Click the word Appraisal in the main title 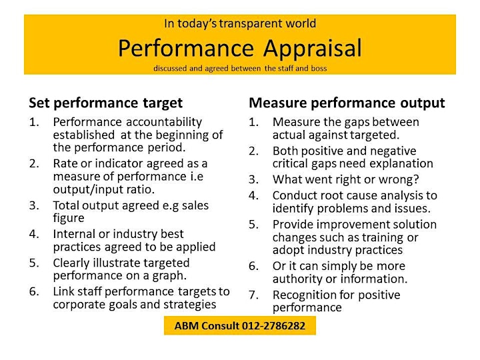pyautogui.click(x=313, y=49)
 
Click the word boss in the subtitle pyautogui.click(x=319, y=68)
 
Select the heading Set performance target pyautogui.click(x=105, y=103)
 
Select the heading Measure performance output pyautogui.click(x=347, y=103)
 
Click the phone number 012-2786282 pyautogui.click(x=273, y=326)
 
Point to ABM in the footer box pyautogui.click(x=187, y=326)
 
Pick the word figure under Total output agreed pyautogui.click(x=69, y=218)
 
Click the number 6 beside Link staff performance pyautogui.click(x=34, y=291)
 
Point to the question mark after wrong pyautogui.click(x=416, y=179)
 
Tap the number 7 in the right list pyautogui.click(x=253, y=295)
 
